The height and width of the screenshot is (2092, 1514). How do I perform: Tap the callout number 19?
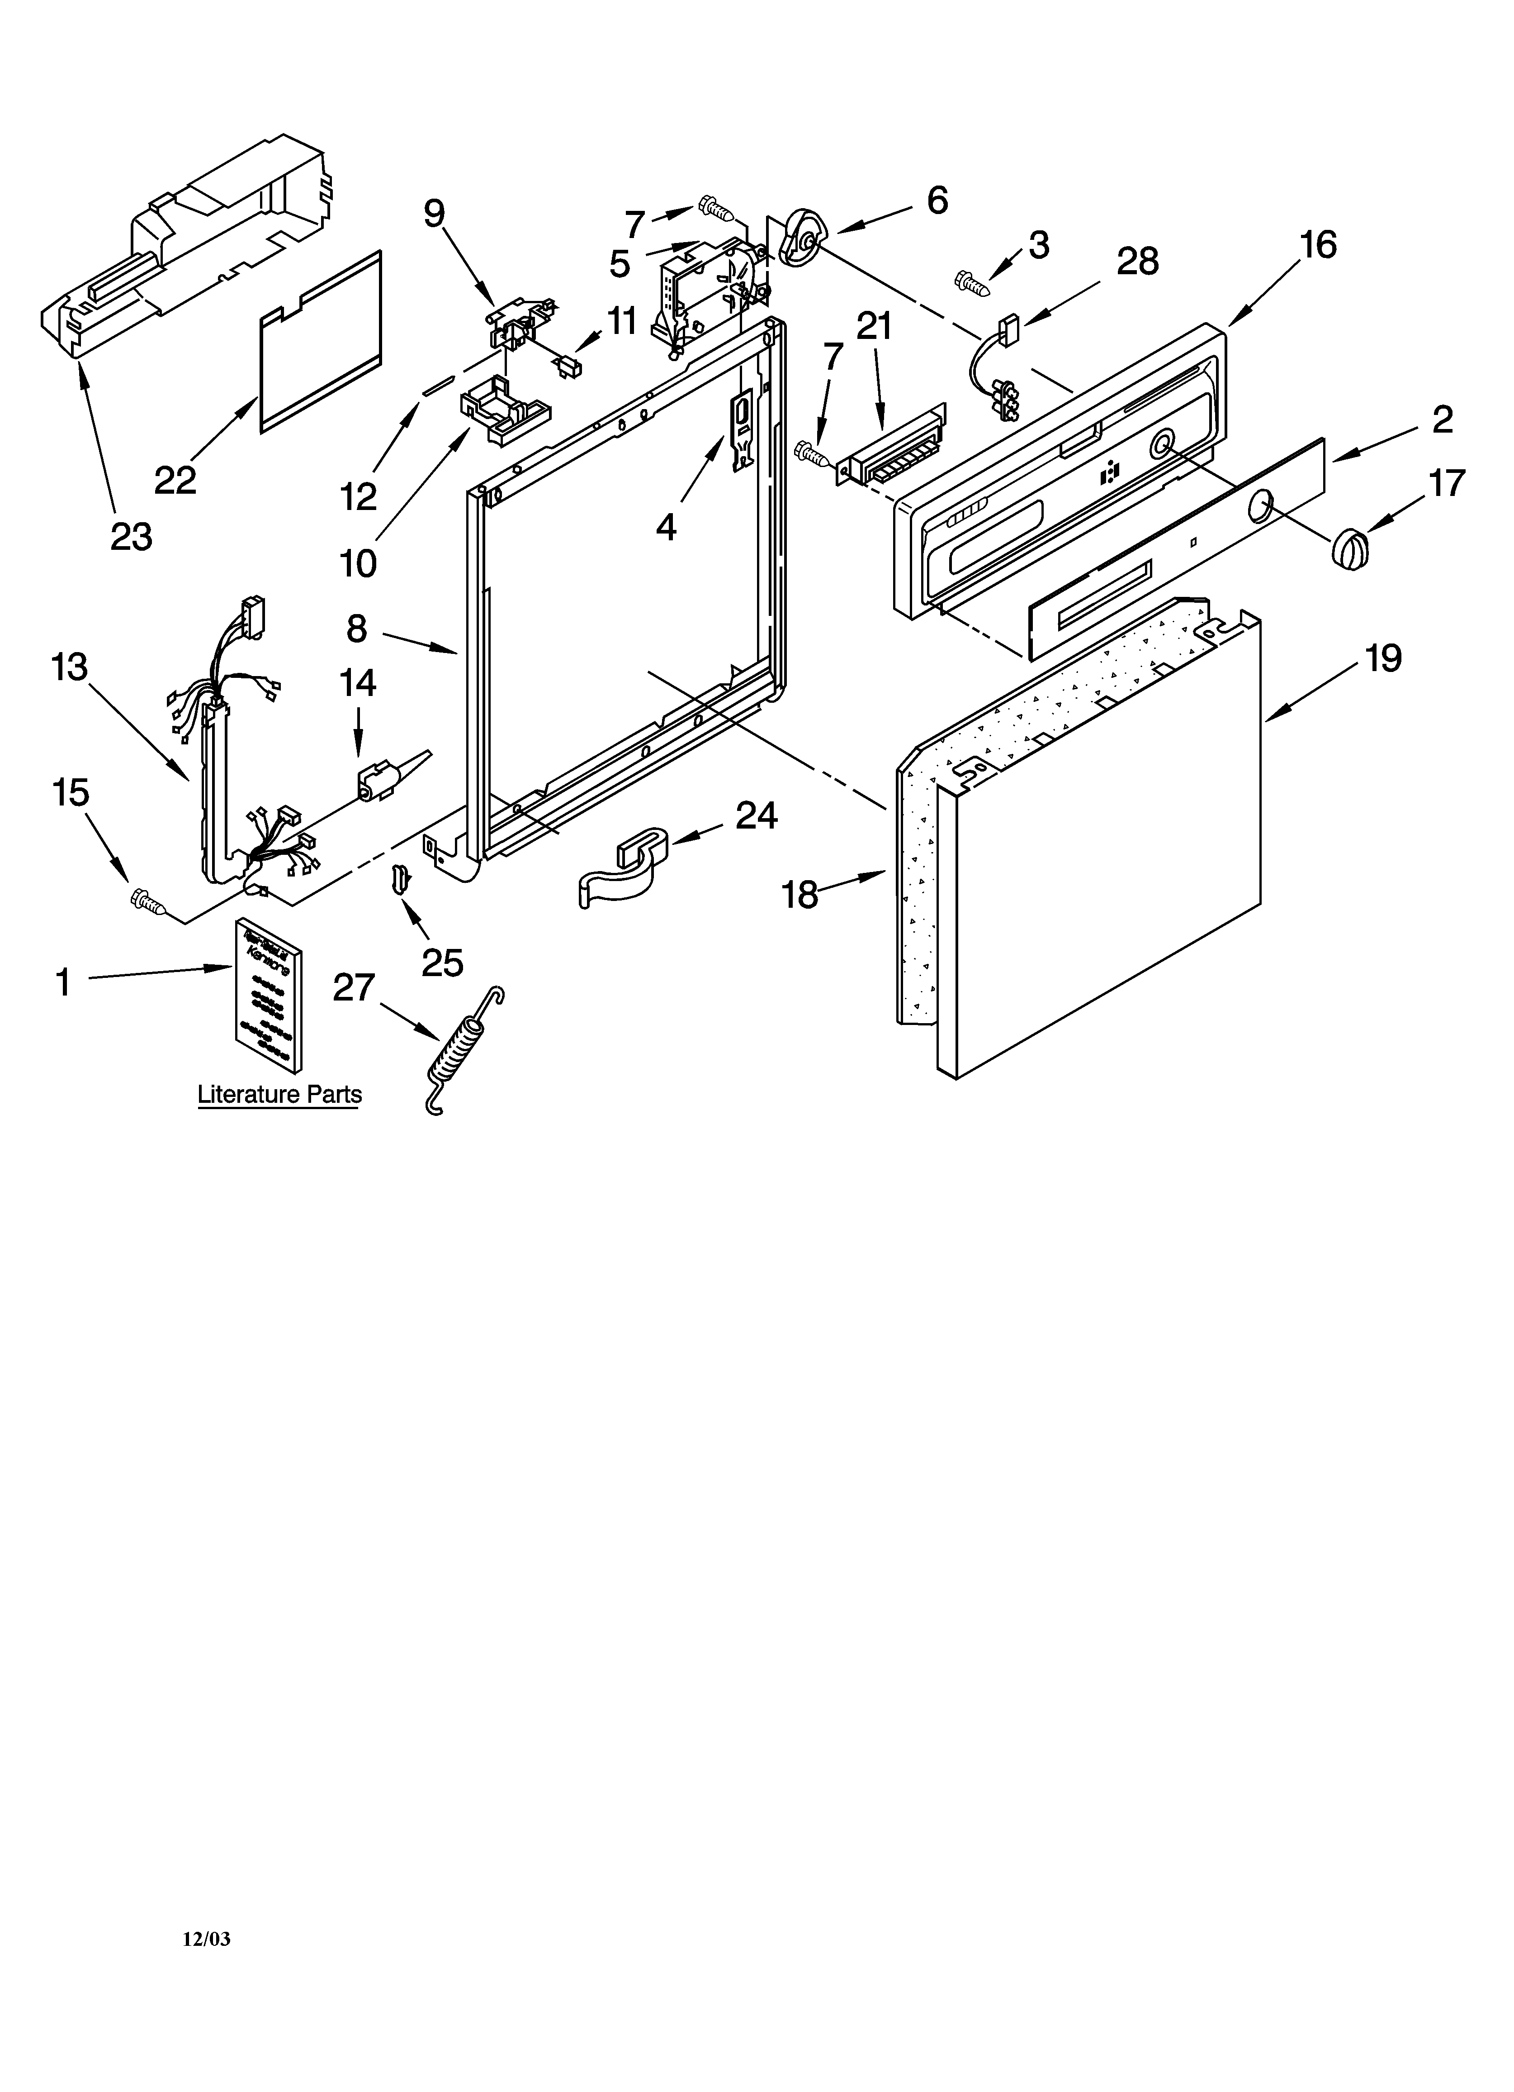(1383, 658)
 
